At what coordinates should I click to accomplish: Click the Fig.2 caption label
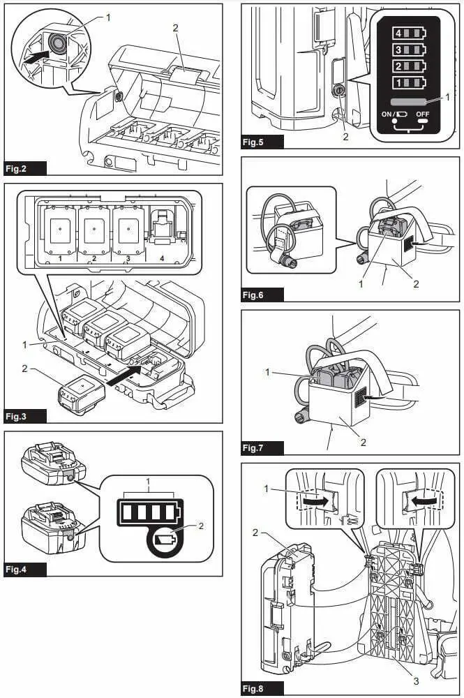coord(25,168)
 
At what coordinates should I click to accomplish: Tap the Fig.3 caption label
coord(25,417)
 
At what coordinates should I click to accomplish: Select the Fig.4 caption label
coord(25,570)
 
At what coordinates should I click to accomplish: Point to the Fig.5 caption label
coord(262,142)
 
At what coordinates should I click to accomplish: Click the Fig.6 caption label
coord(262,295)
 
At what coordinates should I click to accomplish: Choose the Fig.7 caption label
coord(262,448)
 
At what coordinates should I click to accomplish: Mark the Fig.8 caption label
coord(262,689)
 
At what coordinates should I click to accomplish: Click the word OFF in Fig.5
coord(423,113)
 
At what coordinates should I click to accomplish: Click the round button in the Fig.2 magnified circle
coord(55,44)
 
